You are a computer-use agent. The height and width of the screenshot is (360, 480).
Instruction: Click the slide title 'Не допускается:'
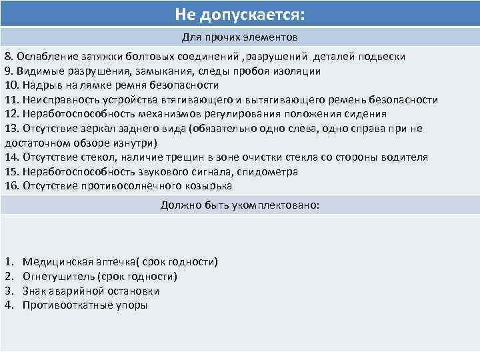click(x=239, y=14)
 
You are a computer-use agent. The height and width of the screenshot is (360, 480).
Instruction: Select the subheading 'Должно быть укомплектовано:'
click(x=240, y=205)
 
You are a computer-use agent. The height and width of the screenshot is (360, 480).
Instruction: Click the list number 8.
click(x=9, y=57)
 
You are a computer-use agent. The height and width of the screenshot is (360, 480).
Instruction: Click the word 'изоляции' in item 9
click(x=300, y=71)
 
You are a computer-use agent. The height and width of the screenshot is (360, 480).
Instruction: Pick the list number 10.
click(x=11, y=85)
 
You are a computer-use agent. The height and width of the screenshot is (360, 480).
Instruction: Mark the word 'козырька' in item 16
click(x=209, y=186)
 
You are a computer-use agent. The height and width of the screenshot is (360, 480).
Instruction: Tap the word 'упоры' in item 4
click(x=131, y=305)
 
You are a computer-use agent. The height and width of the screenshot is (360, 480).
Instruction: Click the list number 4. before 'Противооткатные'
click(x=9, y=305)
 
